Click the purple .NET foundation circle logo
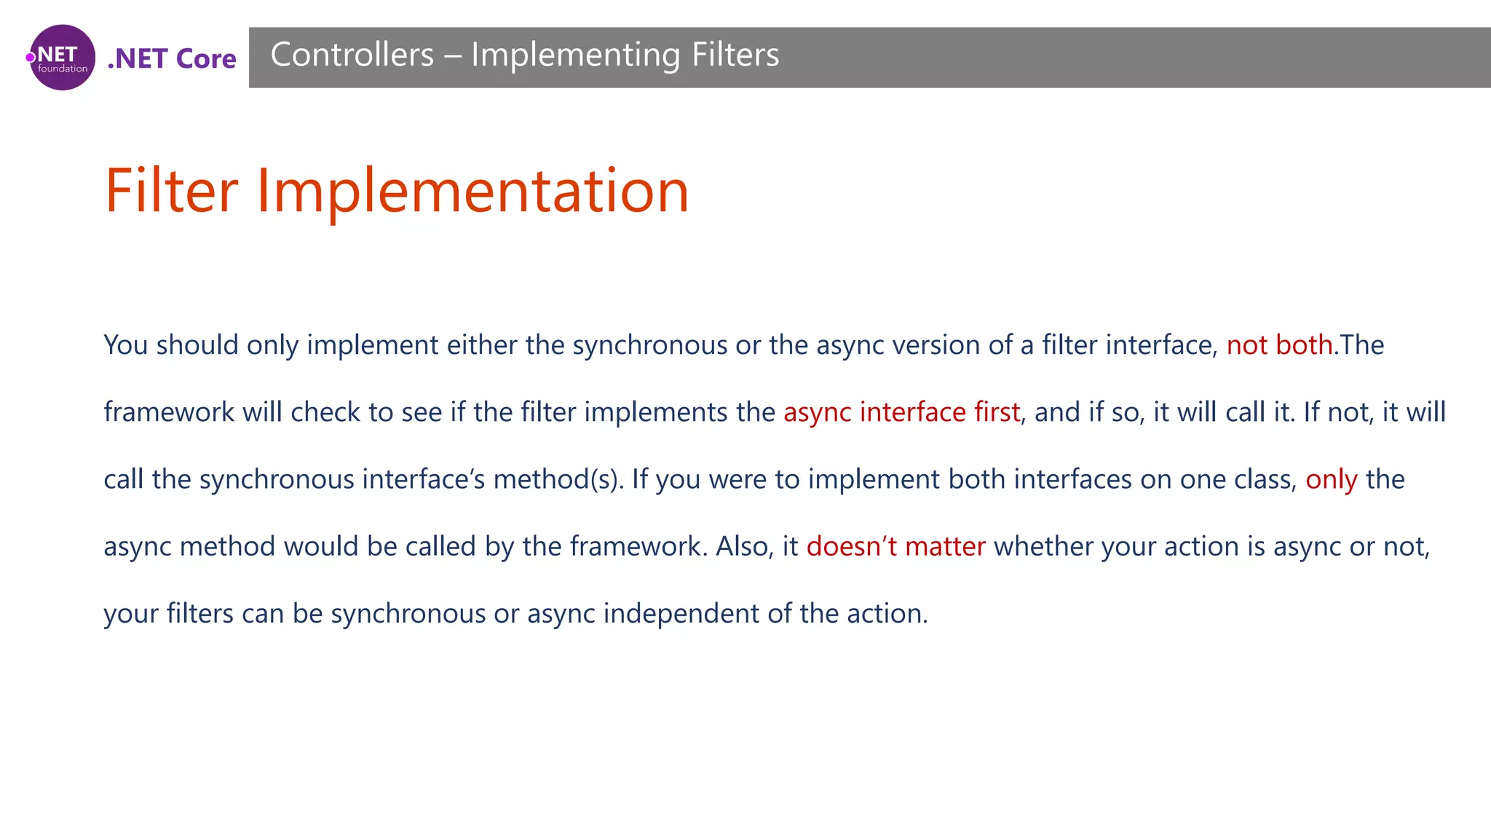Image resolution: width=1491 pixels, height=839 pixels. click(x=62, y=58)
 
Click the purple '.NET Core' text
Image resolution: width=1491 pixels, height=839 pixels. click(x=172, y=58)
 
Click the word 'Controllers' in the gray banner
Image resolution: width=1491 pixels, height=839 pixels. click(x=352, y=55)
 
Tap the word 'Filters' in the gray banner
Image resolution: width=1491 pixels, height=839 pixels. click(x=735, y=55)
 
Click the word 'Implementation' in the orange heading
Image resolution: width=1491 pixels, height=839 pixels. click(x=472, y=192)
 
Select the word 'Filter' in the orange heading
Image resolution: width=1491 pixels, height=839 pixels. click(x=172, y=191)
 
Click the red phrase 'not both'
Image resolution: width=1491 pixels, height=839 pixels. click(x=1279, y=345)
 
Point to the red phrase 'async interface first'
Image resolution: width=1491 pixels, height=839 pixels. click(x=901, y=412)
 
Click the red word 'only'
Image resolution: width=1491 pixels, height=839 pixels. click(x=1331, y=480)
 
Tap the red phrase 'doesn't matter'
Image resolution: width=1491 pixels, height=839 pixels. click(x=895, y=546)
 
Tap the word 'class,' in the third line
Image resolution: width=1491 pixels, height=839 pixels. click(x=1265, y=480)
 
